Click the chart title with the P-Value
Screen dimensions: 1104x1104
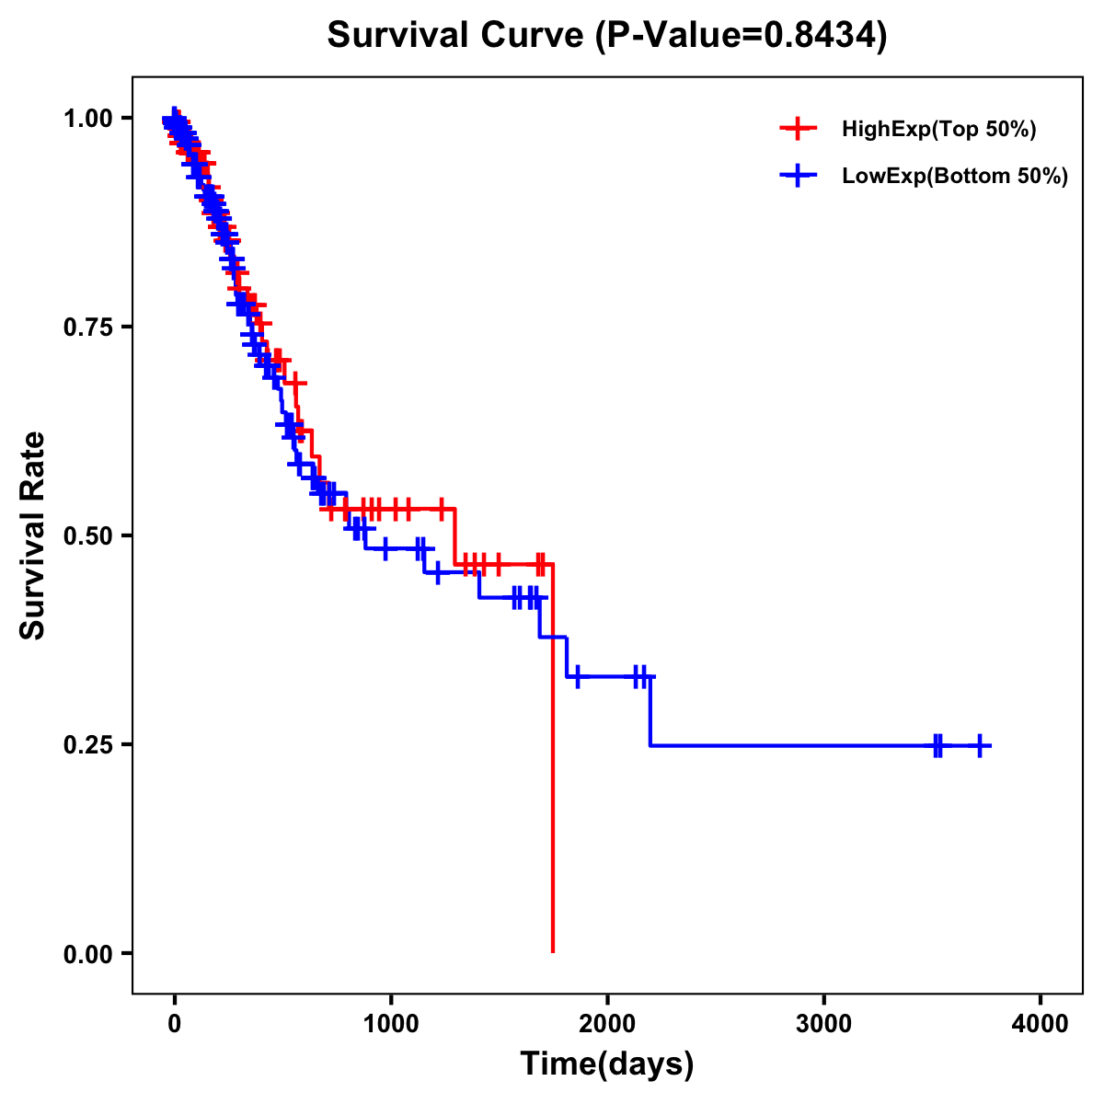coord(607,36)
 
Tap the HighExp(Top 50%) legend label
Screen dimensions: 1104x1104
coord(939,130)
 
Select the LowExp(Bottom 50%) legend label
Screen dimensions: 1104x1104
coord(955,176)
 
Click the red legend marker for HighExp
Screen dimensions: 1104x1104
coord(798,130)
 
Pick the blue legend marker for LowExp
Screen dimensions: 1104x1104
coord(798,176)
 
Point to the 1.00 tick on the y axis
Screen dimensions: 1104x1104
coord(87,119)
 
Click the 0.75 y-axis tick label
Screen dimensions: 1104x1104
coord(87,328)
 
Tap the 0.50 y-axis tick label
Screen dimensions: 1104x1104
coord(87,535)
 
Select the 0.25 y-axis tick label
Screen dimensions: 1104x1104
coord(87,744)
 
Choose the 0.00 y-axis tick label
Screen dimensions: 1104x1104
coord(87,954)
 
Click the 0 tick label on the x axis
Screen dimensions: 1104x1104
coord(174,1024)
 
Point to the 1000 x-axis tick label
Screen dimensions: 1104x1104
coord(391,1024)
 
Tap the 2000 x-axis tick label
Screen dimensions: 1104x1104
coord(607,1024)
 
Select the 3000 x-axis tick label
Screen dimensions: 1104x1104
coord(823,1024)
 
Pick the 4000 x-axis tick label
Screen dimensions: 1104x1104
coord(1041,1024)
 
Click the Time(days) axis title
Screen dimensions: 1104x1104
coord(607,1064)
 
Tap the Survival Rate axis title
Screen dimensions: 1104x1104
coord(34,535)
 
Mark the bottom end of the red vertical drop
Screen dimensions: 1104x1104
coord(552,951)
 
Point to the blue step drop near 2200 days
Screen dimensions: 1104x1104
coord(650,711)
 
